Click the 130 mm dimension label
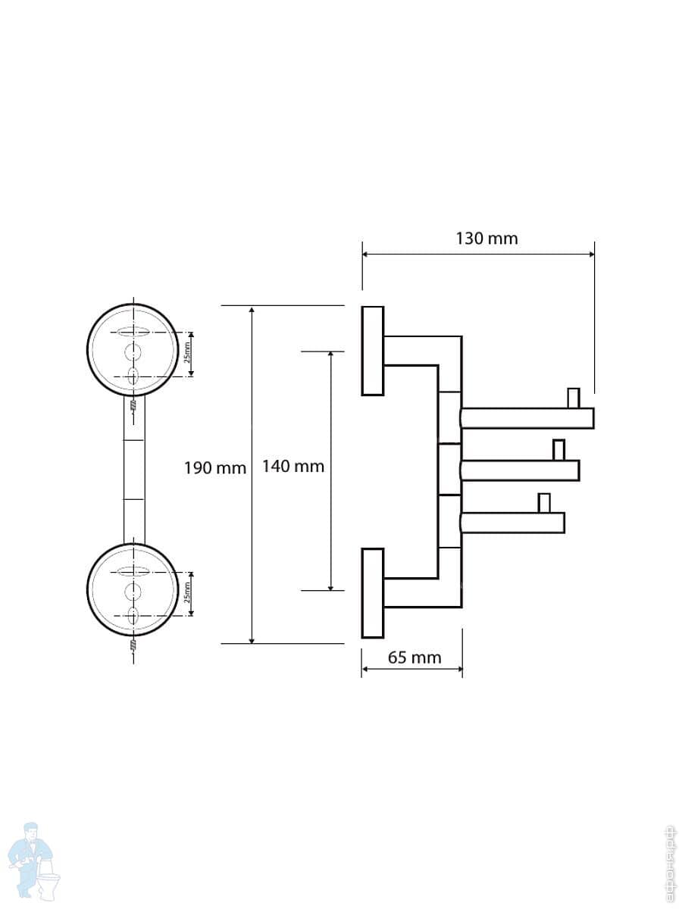pos(486,239)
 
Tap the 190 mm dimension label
pos(215,467)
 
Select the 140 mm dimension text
pos(293,466)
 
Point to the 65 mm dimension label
pos(415,658)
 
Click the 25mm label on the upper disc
pos(187,353)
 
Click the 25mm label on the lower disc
pos(187,594)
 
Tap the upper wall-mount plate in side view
pos(373,351)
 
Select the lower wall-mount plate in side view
pos(373,593)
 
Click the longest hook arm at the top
pos(527,418)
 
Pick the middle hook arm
pos(520,470)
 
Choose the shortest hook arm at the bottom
pos(512,523)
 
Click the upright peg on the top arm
pos(574,398)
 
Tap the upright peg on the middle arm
pos(559,450)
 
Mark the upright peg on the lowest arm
pos(544,502)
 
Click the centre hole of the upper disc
pos(133,351)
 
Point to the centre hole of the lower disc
pos(133,591)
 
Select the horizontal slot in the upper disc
pos(134,332)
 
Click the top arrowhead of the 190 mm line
pos(252,310)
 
